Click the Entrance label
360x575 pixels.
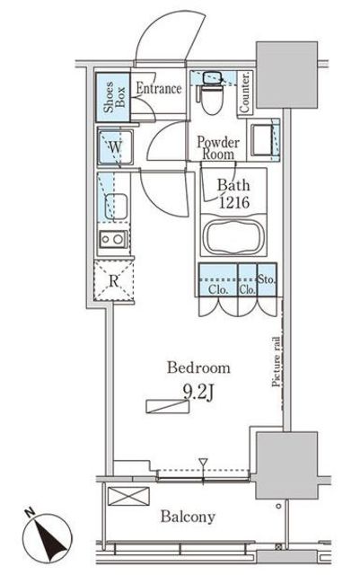coord(159,88)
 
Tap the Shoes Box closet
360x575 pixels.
coord(113,97)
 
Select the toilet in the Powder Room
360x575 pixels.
coord(212,93)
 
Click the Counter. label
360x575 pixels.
coord(245,93)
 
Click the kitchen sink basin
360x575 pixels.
coord(116,206)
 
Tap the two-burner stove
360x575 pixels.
coord(114,240)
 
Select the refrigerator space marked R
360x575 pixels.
coord(114,281)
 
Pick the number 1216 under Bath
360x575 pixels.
coord(234,202)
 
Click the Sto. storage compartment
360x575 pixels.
coord(267,279)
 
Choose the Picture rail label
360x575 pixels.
coord(277,362)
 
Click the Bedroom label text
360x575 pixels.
coord(198,367)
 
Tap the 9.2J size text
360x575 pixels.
coord(198,393)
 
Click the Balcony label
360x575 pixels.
coord(188,517)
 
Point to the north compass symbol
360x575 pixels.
coord(48,537)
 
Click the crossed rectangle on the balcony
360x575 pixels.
coord(128,496)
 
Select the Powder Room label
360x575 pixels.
coord(218,147)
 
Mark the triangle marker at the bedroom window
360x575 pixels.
coord(203,463)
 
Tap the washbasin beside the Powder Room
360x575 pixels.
coord(261,139)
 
